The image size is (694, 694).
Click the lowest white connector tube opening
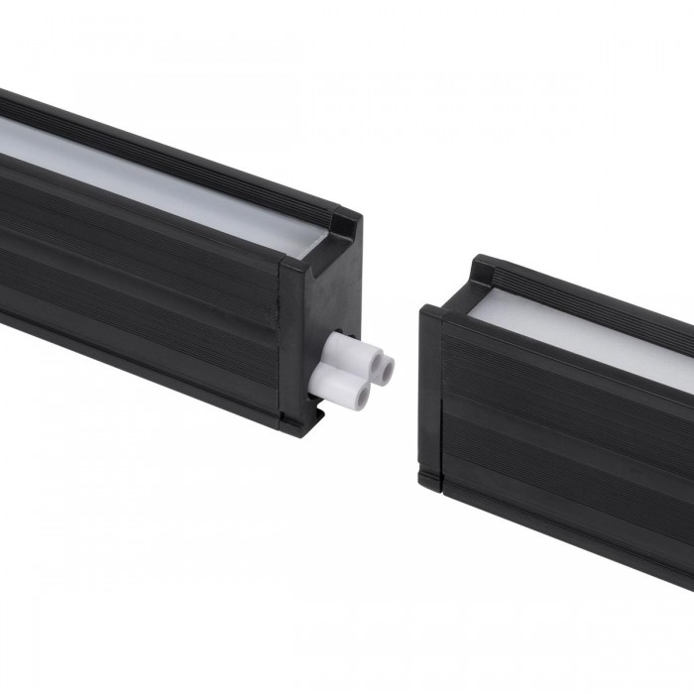click(x=362, y=397)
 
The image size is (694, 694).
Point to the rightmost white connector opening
click(x=386, y=369)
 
